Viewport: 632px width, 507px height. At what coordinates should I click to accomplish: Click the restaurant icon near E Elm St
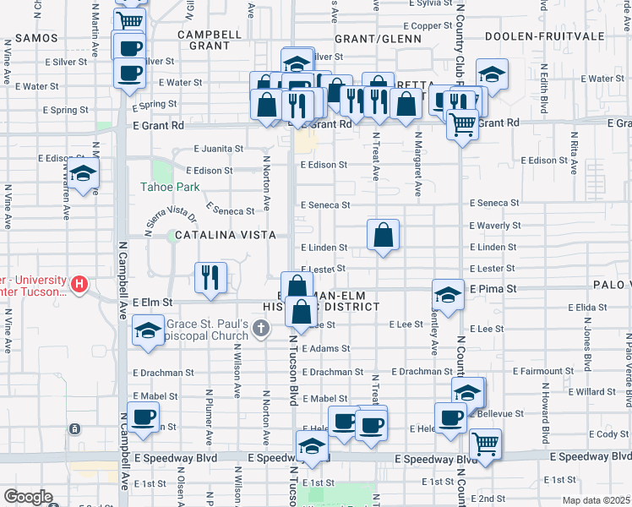point(210,276)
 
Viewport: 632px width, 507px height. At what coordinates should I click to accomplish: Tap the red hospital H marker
point(79,283)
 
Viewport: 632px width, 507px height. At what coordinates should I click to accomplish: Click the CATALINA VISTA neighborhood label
point(213,235)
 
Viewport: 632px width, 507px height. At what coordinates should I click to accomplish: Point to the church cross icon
point(262,327)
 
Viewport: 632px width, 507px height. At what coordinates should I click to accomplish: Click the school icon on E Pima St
point(448,294)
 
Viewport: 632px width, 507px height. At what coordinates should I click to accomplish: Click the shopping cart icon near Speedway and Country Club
point(485,444)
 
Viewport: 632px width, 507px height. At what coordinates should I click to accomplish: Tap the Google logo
point(27,497)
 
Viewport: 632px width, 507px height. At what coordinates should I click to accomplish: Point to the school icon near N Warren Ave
point(83,176)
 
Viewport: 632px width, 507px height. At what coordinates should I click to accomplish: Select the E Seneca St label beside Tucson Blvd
point(325,205)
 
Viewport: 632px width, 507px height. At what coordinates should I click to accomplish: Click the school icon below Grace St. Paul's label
point(148,330)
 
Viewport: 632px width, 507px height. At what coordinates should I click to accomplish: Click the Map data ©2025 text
point(596,500)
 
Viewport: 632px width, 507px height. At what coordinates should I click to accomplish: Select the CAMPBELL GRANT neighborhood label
point(210,41)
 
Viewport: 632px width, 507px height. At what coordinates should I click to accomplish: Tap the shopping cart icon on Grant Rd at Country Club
point(462,124)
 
